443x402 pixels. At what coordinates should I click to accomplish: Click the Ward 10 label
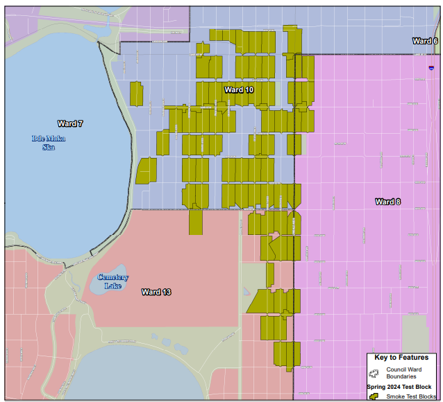point(239,90)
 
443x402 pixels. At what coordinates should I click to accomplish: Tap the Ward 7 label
point(70,124)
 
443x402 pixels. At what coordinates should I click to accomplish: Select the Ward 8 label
point(387,202)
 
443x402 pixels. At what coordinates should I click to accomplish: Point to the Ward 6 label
point(424,41)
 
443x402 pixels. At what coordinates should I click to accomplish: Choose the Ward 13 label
point(156,292)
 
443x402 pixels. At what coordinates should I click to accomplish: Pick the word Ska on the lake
point(49,146)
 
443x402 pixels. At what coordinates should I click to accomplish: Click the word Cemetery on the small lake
point(112,278)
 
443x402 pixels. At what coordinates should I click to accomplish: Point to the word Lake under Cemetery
point(112,286)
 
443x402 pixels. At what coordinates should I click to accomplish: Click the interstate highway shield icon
point(432,69)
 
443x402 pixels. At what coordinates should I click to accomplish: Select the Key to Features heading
point(401,358)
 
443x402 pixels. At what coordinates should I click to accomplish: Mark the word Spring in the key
point(377,386)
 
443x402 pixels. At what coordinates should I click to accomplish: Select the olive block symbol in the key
point(374,396)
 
